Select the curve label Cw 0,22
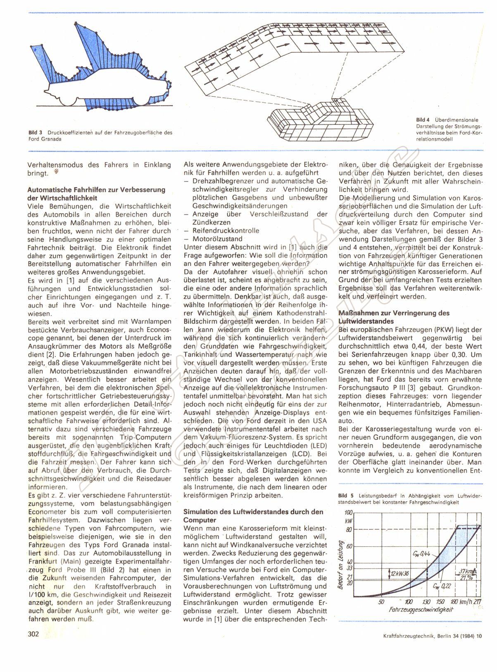442,586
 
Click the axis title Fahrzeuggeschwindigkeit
421,610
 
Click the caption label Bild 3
36,133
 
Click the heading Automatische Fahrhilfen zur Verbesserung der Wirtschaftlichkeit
96,193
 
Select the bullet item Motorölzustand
218,239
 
